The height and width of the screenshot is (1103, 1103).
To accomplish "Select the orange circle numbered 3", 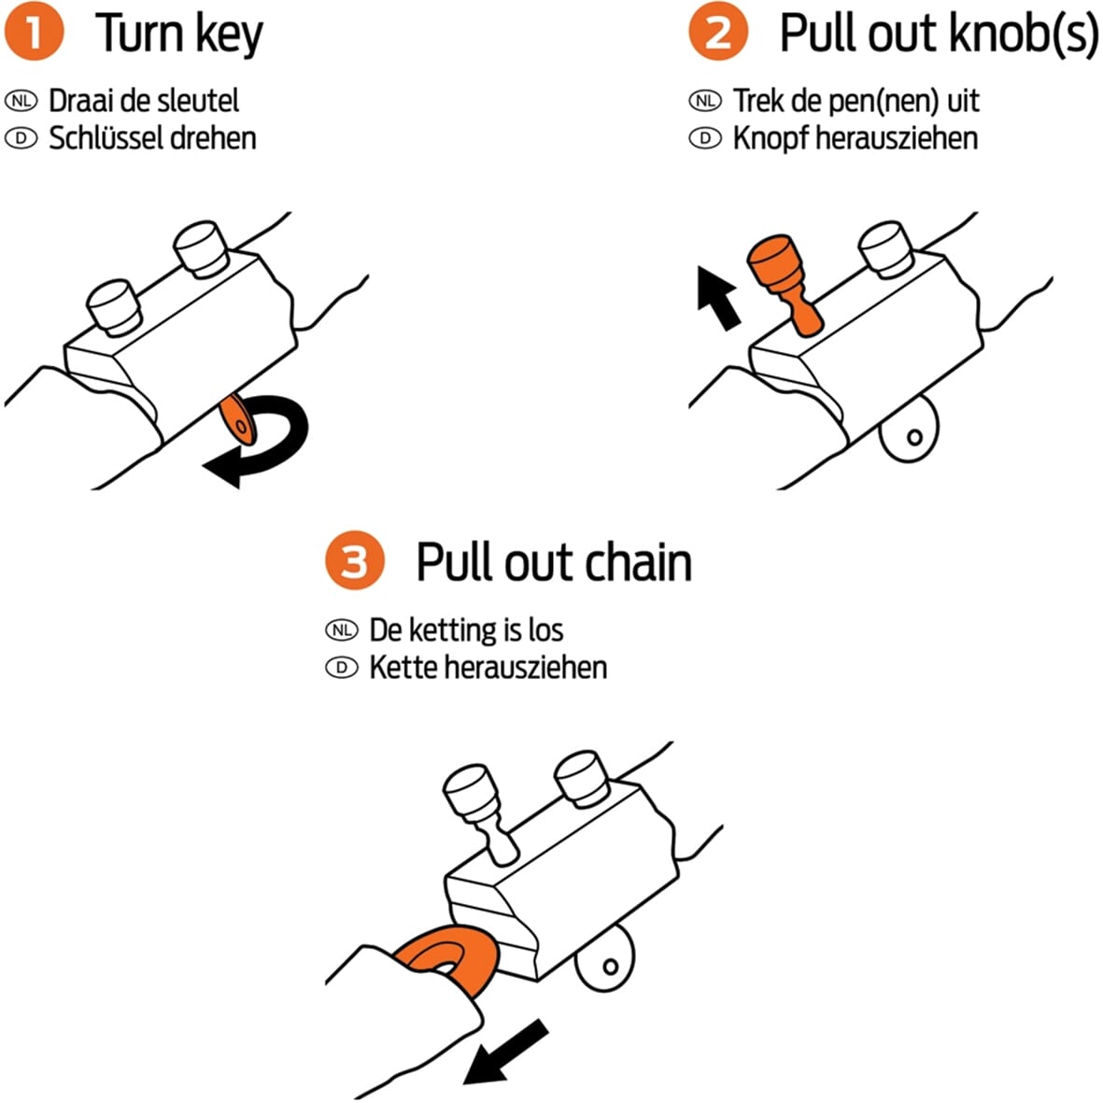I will (x=355, y=561).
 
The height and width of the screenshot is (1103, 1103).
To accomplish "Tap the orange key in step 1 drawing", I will (x=238, y=421).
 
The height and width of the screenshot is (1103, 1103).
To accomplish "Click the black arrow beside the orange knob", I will (x=718, y=296).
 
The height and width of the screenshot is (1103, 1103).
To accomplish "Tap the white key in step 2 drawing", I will (x=909, y=431).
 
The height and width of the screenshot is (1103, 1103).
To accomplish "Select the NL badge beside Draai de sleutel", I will (x=21, y=100).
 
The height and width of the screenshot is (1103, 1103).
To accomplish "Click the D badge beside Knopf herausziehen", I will (x=705, y=138).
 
